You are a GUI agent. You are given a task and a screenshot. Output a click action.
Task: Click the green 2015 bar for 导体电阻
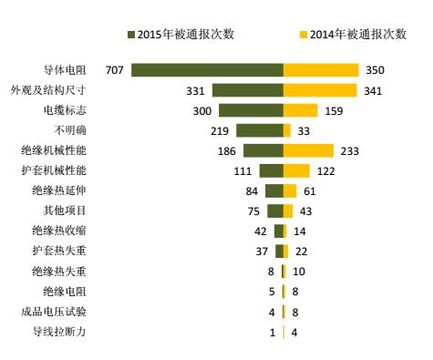[x=207, y=70]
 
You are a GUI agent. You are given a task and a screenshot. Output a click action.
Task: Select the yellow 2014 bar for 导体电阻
[x=321, y=70]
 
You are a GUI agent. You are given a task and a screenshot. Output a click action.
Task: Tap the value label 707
[x=114, y=70]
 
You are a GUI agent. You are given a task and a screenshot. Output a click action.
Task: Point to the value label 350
[x=376, y=70]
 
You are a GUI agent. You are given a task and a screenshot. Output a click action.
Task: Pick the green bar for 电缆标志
[x=251, y=110]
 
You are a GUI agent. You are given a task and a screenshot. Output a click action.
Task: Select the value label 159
[x=335, y=110]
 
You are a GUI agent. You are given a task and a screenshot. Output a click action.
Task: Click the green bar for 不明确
[x=260, y=130]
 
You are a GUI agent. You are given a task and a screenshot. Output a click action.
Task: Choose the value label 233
[x=351, y=150]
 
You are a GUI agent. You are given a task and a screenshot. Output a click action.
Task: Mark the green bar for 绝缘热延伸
[x=273, y=190]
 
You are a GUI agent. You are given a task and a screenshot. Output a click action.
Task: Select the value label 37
[x=261, y=251]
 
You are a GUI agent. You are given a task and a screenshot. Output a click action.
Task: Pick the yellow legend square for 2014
[x=303, y=35]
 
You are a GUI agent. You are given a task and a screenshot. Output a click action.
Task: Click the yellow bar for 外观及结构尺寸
[x=319, y=90]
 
